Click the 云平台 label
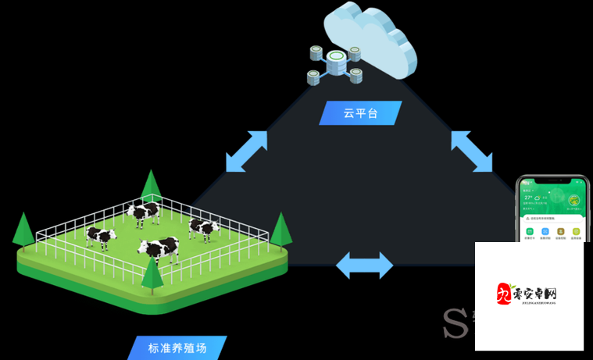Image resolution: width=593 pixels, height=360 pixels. pos(360,113)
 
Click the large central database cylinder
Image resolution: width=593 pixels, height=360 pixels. pos(337,62)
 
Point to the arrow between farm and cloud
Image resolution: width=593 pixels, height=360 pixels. pos(246,151)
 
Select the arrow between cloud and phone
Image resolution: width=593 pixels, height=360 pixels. pos(472,151)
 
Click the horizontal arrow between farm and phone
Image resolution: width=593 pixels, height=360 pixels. pos(364,266)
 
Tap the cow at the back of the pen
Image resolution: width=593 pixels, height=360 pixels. pos(144,212)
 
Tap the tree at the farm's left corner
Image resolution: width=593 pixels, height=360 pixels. pos(24,229)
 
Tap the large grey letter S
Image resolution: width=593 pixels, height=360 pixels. pos(455,322)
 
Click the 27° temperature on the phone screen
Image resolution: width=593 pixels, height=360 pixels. pos(529,198)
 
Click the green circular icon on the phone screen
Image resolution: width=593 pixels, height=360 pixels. pos(574,200)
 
